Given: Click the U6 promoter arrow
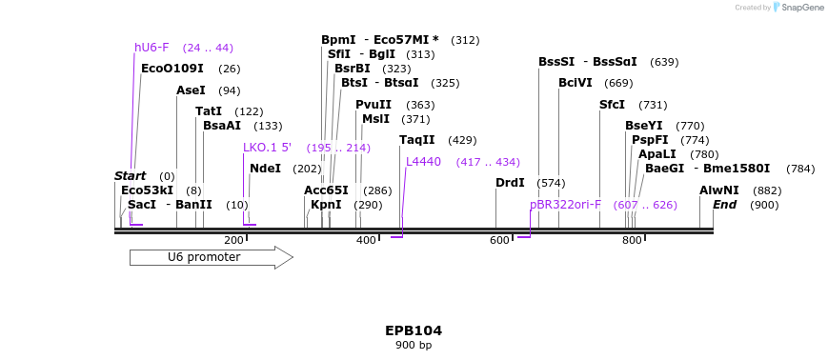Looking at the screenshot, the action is [x=211, y=257].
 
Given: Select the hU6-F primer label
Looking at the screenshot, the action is [x=151, y=48].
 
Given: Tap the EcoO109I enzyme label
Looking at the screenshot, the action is [x=172, y=69].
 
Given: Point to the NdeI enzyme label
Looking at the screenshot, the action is [x=265, y=169].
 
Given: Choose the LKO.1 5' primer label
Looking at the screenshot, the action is [x=267, y=148].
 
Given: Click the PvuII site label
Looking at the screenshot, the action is [x=374, y=105].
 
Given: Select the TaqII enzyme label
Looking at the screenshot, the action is [x=416, y=140].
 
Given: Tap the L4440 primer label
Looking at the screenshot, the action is [x=423, y=162].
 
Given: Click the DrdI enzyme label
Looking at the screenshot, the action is [x=510, y=183].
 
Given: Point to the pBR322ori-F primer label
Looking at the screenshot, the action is [x=566, y=205].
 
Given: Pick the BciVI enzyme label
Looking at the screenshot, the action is [x=576, y=83].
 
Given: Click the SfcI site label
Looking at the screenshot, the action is [x=612, y=105].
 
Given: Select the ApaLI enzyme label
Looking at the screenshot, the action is [x=657, y=154].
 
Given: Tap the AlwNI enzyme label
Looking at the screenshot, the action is [x=718, y=190].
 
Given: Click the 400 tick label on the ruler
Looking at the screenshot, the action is [x=366, y=241].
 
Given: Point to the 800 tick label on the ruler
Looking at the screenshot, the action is [x=632, y=241].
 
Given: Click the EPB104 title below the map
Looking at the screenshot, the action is [x=414, y=330].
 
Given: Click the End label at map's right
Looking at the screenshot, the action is [x=724, y=205].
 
